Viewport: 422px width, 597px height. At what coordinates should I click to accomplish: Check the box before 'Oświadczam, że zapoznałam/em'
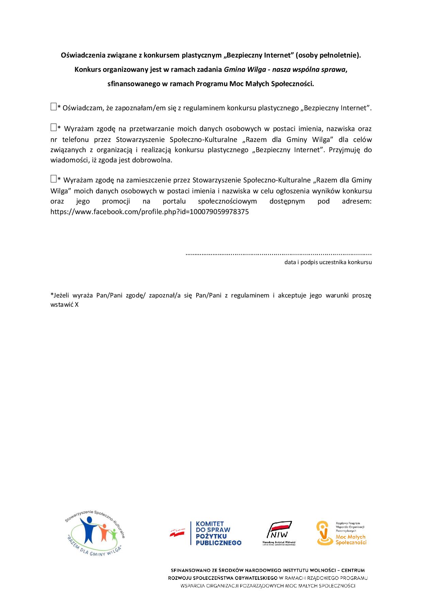[x=53, y=107]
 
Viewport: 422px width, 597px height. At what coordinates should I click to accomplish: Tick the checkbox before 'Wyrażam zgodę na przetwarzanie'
[x=53, y=128]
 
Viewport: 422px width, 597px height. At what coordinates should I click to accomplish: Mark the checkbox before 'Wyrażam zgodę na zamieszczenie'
[x=53, y=179]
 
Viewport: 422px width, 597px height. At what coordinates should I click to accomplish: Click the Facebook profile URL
[x=149, y=212]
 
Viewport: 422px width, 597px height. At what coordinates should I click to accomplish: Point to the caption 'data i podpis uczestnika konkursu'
[x=328, y=262]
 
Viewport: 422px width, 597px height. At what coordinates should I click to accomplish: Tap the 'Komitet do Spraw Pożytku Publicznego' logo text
[x=218, y=533]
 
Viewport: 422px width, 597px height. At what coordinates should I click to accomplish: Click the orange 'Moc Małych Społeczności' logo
[x=341, y=533]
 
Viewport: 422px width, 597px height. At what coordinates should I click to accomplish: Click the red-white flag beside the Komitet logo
[x=178, y=533]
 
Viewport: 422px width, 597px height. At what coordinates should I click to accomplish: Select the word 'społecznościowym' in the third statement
[x=227, y=201]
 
